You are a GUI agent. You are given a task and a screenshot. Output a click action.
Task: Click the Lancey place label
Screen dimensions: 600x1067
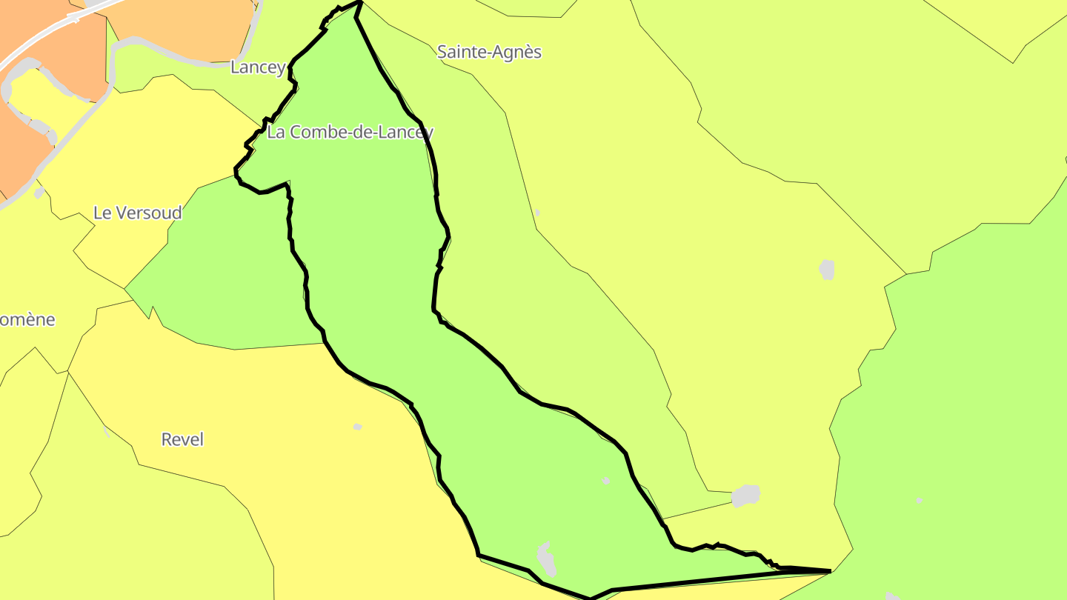click(257, 67)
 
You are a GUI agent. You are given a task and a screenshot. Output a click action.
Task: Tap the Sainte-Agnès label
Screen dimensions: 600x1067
click(489, 52)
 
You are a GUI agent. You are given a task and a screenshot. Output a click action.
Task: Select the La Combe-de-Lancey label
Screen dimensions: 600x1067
click(350, 133)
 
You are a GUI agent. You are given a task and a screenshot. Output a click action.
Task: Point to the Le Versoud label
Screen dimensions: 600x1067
click(137, 213)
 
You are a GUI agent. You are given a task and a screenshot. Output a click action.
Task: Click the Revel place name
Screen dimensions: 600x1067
click(182, 439)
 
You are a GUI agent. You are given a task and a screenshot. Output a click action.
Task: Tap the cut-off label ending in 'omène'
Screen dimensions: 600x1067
click(27, 320)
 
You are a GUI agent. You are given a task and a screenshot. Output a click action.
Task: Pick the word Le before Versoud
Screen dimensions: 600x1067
click(102, 213)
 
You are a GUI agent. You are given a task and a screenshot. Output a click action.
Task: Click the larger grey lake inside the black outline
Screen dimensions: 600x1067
click(547, 559)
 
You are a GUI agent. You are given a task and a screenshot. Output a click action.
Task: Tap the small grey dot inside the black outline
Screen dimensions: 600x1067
click(606, 481)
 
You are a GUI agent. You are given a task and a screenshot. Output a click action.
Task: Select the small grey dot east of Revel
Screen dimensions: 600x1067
click(358, 427)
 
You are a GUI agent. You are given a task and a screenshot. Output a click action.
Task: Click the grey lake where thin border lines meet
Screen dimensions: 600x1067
click(746, 495)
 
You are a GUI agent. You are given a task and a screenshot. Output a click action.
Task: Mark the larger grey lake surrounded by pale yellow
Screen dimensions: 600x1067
click(827, 269)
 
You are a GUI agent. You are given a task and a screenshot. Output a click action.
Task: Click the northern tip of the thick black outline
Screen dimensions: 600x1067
click(360, 2)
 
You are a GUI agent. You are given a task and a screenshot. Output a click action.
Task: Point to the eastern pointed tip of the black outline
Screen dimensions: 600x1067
click(829, 571)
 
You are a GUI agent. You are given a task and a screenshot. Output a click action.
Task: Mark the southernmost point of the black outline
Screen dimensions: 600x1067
click(591, 598)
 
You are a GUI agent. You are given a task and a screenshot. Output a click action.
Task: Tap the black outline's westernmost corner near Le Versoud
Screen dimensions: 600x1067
click(236, 170)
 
